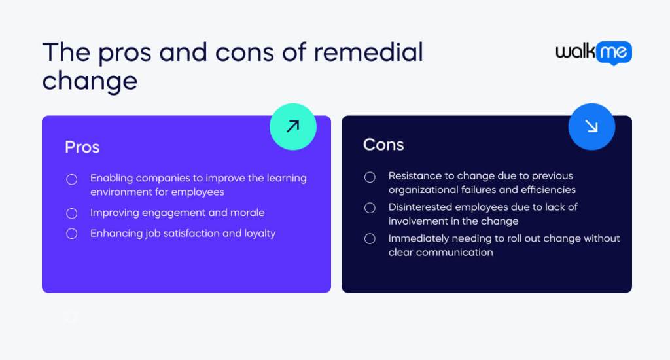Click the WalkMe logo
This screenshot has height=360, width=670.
click(x=593, y=53)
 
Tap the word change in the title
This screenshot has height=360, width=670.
click(x=90, y=81)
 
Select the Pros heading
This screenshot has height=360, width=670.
click(x=82, y=147)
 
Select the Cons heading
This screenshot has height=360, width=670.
click(x=383, y=145)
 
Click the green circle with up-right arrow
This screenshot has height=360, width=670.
click(x=292, y=126)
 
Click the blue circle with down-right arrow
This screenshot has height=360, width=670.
click(x=591, y=126)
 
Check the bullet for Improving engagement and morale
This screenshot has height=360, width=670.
click(x=72, y=213)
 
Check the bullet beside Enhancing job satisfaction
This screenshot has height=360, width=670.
click(x=72, y=234)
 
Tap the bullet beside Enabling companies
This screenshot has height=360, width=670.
click(x=72, y=179)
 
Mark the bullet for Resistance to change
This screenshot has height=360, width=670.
click(x=370, y=177)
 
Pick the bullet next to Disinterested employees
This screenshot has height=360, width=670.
click(x=370, y=207)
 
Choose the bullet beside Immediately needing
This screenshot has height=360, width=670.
click(x=370, y=239)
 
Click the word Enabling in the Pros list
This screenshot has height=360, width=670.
click(x=111, y=178)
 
